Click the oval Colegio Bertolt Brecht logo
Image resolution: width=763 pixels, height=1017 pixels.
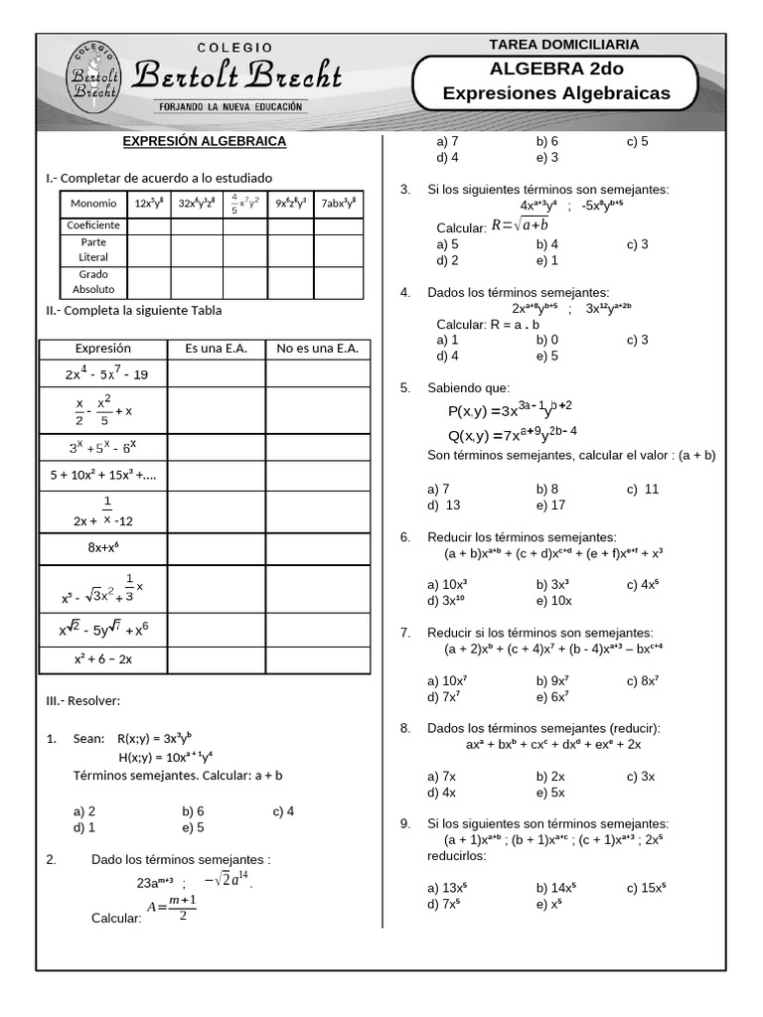click(x=94, y=76)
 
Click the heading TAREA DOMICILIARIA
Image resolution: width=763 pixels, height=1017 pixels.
click(x=564, y=44)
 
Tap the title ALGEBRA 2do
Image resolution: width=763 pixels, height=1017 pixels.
click(x=556, y=69)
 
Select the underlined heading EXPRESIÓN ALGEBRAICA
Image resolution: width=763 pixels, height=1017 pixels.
click(x=204, y=141)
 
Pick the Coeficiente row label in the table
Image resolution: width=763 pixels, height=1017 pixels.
click(x=93, y=225)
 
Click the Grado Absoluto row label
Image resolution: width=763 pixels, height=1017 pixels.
click(x=93, y=282)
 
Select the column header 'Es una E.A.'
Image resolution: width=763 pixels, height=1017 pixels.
click(x=216, y=349)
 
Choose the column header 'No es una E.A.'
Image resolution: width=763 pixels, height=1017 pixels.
click(x=317, y=349)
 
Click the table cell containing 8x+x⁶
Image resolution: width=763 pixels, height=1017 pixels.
click(x=103, y=546)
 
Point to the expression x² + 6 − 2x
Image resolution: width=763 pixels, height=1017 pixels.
click(x=103, y=658)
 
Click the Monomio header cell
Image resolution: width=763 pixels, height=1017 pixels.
click(x=93, y=203)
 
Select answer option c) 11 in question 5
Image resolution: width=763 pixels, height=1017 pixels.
click(x=643, y=489)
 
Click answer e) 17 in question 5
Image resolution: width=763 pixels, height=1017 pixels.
click(x=550, y=505)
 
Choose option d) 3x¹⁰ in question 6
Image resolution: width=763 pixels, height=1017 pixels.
click(x=448, y=600)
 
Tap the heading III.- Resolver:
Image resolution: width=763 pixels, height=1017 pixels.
click(x=83, y=701)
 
